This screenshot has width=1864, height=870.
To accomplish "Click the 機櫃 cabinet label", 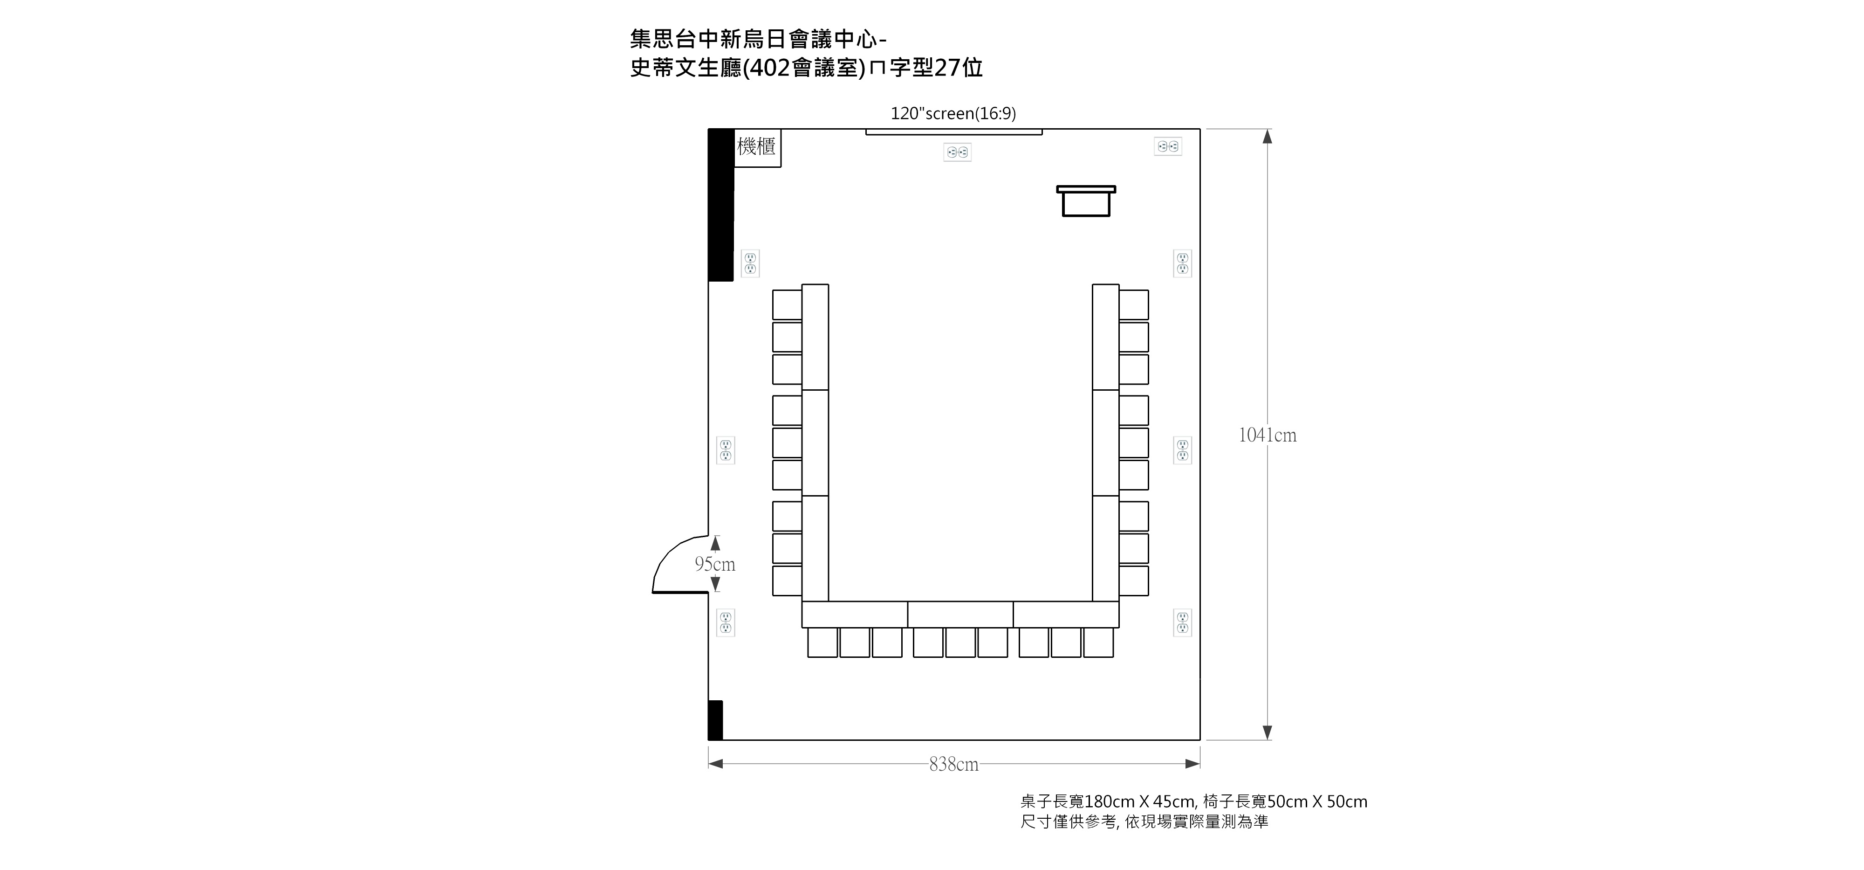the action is coord(756,147).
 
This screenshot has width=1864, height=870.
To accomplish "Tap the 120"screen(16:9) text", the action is coord(953,114).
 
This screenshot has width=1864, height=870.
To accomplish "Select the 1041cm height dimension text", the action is coord(1267,435).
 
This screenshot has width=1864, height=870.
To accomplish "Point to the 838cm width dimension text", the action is coord(954,764).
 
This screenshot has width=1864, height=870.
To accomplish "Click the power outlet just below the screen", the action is coord(957,152).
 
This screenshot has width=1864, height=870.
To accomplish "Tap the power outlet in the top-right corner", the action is coord(1168,146).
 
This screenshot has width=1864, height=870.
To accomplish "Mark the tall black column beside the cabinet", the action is coord(721,205).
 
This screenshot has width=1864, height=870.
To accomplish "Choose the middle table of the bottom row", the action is coord(960,615).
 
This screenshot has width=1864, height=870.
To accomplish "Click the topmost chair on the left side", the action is coord(787,305).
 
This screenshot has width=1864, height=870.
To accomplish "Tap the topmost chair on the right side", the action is coord(1134,305).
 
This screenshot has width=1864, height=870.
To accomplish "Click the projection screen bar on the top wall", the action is coord(954,132).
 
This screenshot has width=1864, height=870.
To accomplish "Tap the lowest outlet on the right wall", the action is coord(1182,622).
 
